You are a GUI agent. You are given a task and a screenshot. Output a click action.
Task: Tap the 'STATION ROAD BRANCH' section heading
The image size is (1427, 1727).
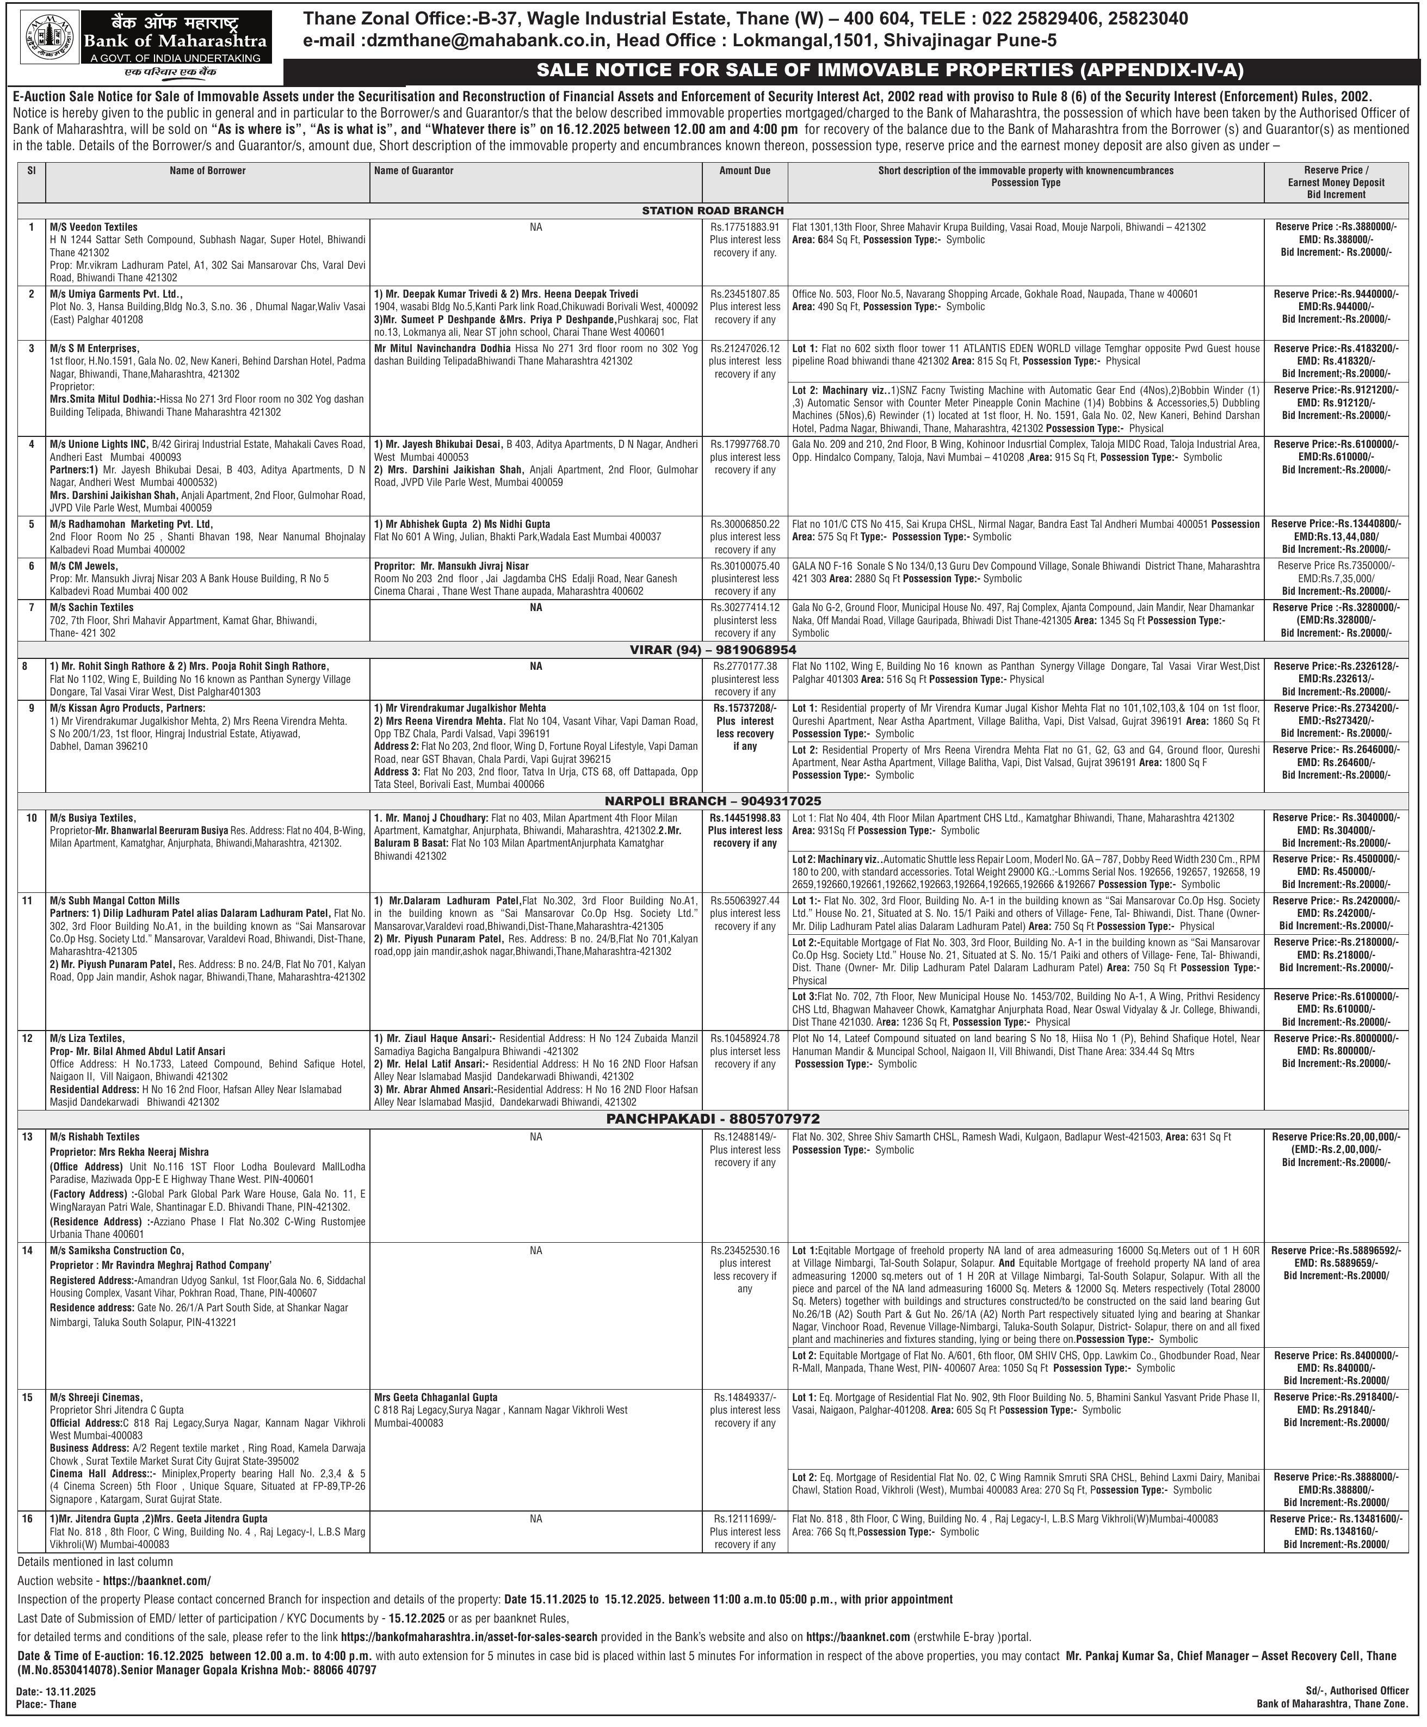[713, 211]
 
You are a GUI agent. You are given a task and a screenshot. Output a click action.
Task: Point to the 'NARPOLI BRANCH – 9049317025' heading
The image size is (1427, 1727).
[713, 800]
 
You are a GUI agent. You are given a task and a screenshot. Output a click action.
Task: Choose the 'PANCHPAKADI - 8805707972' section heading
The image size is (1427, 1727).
[713, 1119]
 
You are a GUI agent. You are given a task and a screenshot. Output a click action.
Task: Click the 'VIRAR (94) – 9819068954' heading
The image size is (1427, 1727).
[713, 649]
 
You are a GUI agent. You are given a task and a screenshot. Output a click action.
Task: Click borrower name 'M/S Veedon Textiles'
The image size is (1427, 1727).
[94, 227]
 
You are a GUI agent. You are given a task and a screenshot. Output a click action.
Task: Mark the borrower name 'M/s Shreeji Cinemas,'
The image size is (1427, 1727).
[96, 1397]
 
